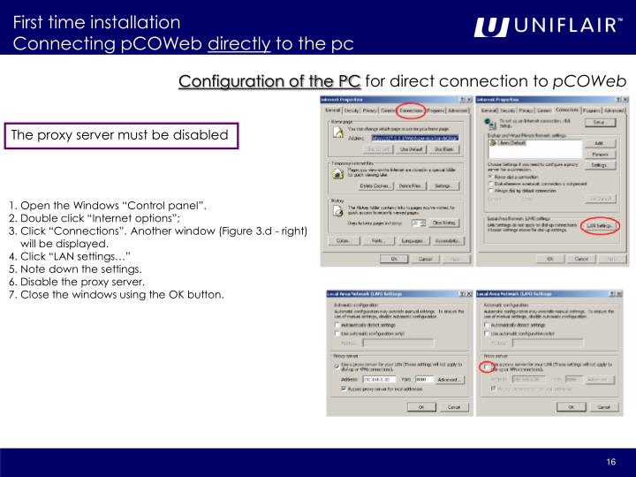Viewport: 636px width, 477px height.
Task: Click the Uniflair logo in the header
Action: [547, 27]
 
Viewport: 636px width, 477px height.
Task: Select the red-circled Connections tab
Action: [409, 110]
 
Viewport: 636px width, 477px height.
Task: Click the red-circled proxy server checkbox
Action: [487, 365]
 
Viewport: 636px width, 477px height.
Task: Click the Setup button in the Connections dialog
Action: [599, 122]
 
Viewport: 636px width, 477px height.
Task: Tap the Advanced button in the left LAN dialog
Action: [450, 379]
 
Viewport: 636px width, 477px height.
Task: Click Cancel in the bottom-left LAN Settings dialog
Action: [453, 406]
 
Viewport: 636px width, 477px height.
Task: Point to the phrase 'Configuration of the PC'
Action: [269, 82]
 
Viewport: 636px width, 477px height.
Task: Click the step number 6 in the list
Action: [11, 281]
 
